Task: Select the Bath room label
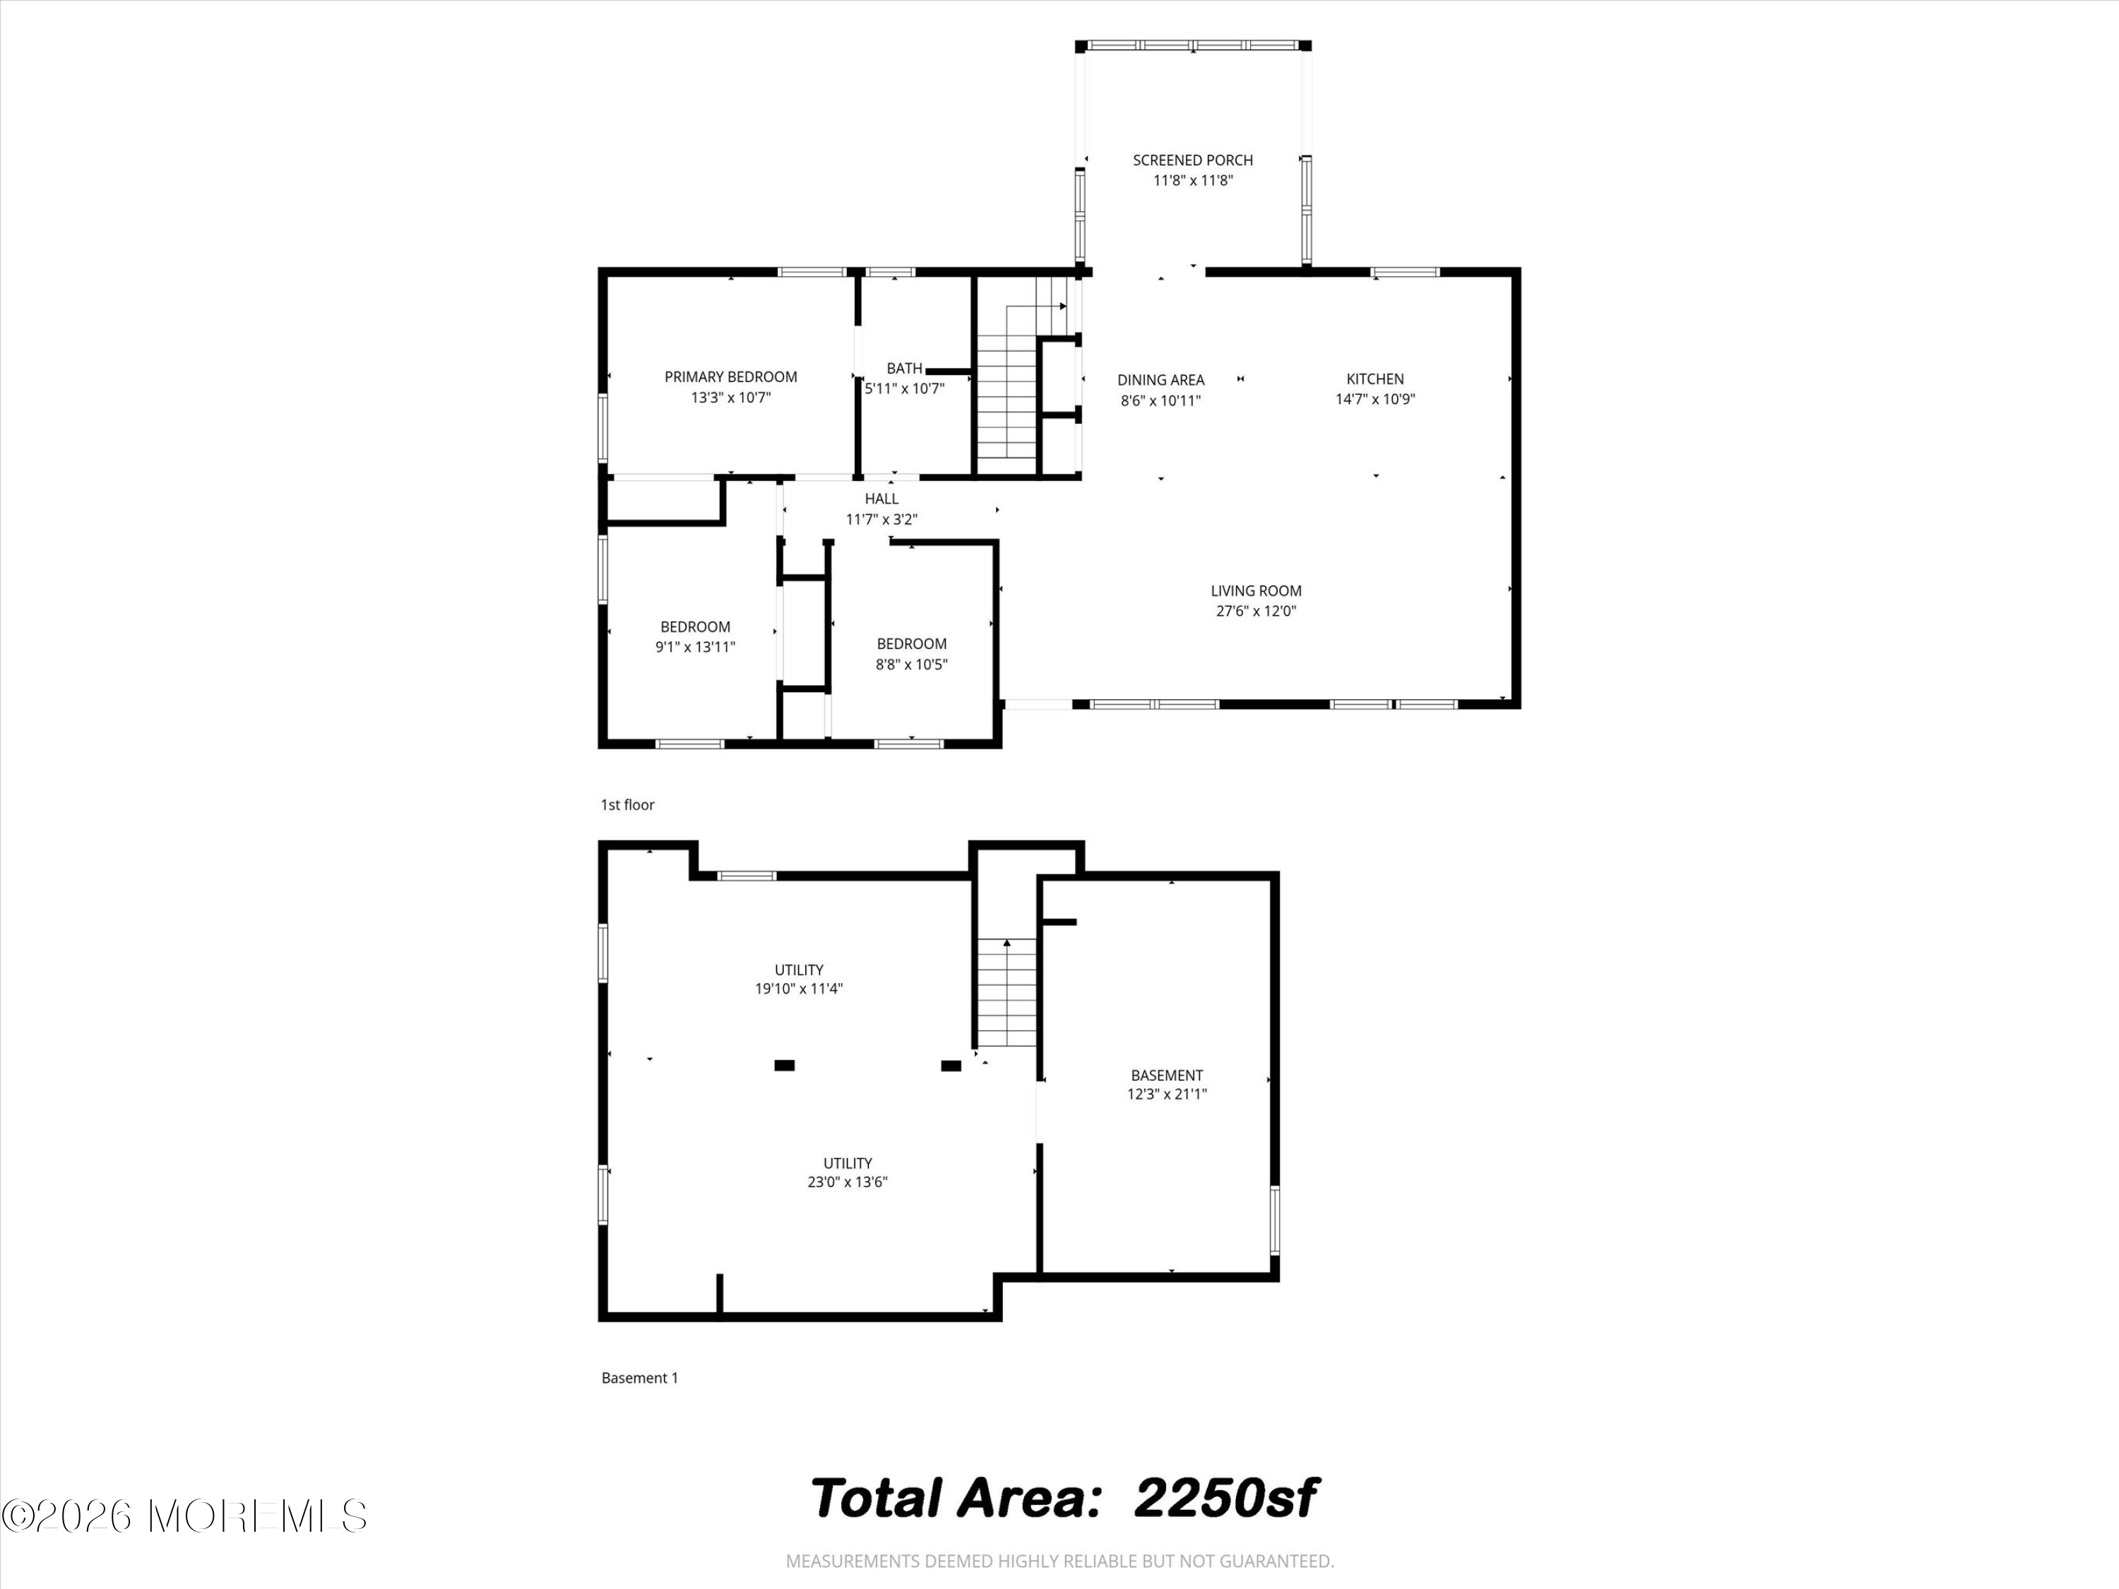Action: pos(903,369)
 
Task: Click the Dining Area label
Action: pos(1160,380)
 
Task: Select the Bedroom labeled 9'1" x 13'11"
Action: pos(694,637)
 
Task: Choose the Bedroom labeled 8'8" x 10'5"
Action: pos(911,654)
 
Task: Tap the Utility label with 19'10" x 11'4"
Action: pos(798,979)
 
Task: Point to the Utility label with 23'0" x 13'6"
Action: pos(847,1172)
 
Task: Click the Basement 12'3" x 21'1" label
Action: pos(1166,1084)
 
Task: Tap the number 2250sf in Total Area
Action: pos(1225,1498)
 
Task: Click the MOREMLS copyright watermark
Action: pos(184,1516)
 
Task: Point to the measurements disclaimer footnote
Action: pos(1059,1561)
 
